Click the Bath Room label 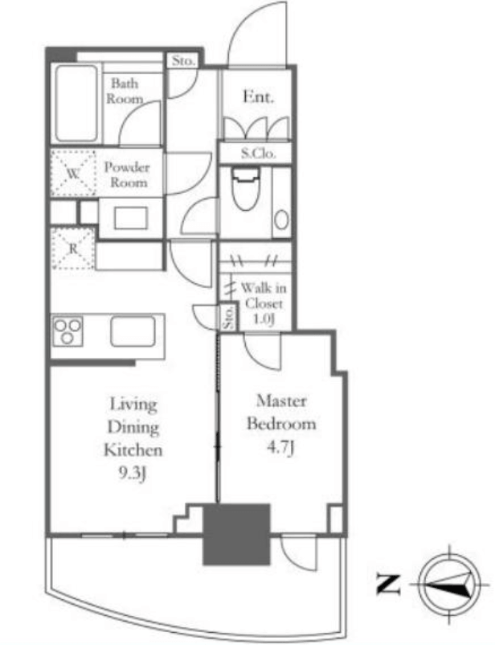tap(125, 91)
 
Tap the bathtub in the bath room tap(76, 103)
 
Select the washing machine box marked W tap(73, 172)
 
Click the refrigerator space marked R tap(73, 248)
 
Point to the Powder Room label tap(127, 175)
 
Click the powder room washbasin tap(131, 218)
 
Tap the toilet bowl tap(246, 189)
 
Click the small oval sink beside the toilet tap(281, 220)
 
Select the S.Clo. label tap(258, 154)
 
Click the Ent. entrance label tap(258, 97)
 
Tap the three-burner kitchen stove tap(67, 331)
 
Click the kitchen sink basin tap(133, 331)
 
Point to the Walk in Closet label tap(264, 303)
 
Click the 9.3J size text tap(133, 475)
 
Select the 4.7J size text tap(281, 448)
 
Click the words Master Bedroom tap(281, 413)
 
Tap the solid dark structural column tap(237, 534)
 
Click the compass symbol tap(449, 584)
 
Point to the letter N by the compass tap(388, 584)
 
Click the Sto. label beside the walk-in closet tap(228, 318)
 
